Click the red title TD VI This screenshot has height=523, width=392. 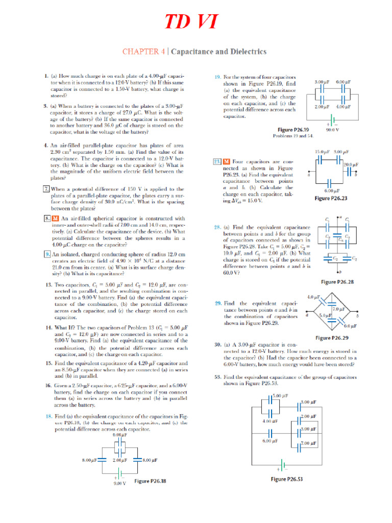[x=191, y=22]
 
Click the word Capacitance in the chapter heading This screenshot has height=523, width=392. [x=195, y=52]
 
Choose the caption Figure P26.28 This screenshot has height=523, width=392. [x=337, y=281]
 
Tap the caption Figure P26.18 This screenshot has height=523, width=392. [x=150, y=481]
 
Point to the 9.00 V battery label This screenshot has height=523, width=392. [x=119, y=483]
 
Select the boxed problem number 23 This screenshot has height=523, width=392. [x=216, y=162]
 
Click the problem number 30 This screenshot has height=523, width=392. [x=217, y=345]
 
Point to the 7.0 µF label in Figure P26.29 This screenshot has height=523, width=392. [x=338, y=309]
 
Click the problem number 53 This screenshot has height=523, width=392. [x=217, y=377]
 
